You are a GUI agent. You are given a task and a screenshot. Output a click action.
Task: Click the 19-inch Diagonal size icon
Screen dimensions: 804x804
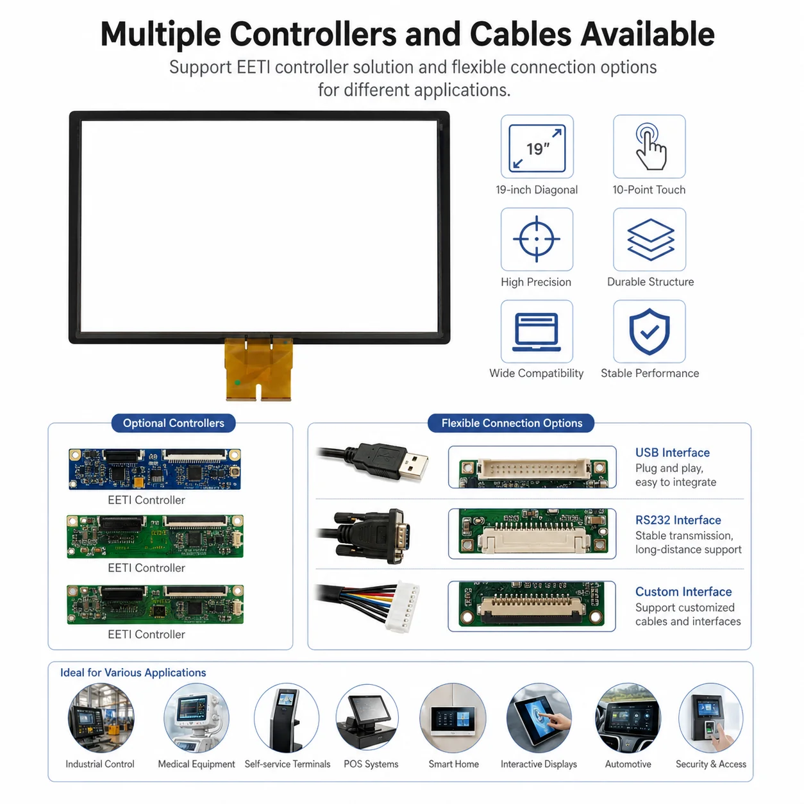click(x=537, y=148)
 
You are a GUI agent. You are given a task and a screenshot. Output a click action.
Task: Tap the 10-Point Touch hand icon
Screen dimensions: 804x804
click(x=650, y=147)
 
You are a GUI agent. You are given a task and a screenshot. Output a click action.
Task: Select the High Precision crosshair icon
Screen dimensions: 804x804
click(x=536, y=239)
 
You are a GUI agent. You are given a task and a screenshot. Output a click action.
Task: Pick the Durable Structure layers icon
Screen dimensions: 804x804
click(x=651, y=240)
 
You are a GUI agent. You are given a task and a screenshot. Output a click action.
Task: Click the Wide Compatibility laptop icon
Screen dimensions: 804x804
click(x=536, y=332)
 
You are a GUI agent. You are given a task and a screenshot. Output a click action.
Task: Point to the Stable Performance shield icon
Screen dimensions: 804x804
click(x=649, y=331)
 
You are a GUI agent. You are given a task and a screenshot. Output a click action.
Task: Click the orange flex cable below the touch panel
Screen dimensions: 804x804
click(x=258, y=369)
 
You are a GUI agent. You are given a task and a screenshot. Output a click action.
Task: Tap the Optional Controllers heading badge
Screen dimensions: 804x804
click(x=173, y=423)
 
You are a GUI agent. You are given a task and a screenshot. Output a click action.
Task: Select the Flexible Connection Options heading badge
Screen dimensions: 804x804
click(x=512, y=423)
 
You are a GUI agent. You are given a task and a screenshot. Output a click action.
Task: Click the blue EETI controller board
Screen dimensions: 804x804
click(x=155, y=469)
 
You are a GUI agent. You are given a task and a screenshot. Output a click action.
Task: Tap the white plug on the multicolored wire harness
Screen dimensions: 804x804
click(x=401, y=607)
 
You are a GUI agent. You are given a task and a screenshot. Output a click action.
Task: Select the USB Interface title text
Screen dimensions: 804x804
click(x=672, y=453)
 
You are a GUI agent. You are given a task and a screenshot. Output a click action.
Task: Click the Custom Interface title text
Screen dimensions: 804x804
click(x=683, y=592)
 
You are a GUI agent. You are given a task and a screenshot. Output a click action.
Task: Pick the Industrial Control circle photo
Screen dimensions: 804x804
click(x=101, y=717)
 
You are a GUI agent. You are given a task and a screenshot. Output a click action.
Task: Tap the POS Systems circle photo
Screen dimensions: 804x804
click(x=367, y=717)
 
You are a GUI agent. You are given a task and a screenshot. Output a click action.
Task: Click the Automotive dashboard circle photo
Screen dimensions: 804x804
click(x=628, y=717)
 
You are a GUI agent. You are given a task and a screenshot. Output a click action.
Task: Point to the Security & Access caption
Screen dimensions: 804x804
click(x=711, y=764)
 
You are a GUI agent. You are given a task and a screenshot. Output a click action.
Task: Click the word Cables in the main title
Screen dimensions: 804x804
click(x=521, y=35)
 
